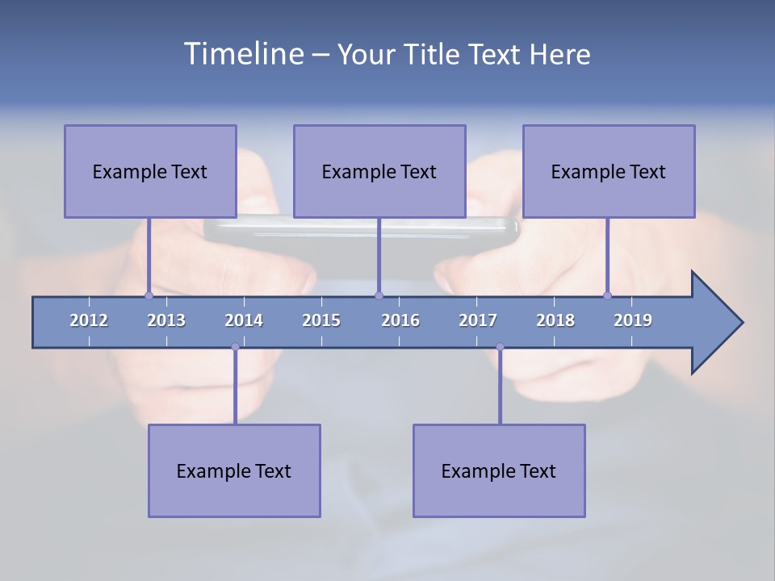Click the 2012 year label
(x=89, y=320)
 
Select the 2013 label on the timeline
(x=166, y=320)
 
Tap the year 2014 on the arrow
(x=244, y=320)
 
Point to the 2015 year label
(x=321, y=320)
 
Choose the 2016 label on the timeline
(x=400, y=320)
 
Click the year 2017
(x=478, y=320)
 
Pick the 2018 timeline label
(x=555, y=320)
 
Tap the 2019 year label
(x=633, y=320)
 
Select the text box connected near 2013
(x=150, y=171)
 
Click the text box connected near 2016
(x=379, y=171)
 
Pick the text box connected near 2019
(x=609, y=171)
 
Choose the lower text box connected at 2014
(x=234, y=470)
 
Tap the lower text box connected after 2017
(x=499, y=470)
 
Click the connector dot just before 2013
(x=149, y=295)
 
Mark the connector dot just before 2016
(x=379, y=295)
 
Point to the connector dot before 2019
(x=607, y=295)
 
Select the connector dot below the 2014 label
(x=235, y=347)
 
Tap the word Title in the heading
(x=433, y=55)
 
